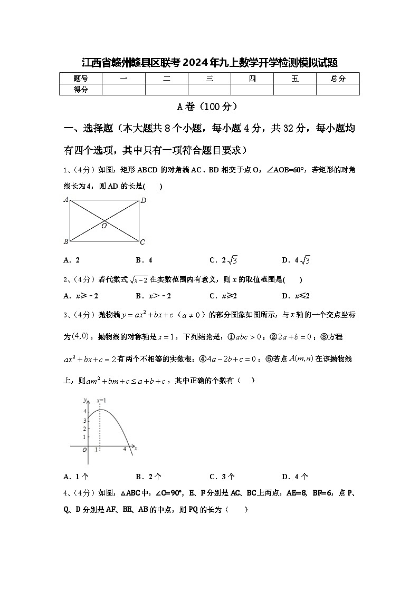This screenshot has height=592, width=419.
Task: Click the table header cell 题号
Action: click(81, 79)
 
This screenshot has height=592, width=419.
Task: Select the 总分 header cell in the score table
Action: click(338, 79)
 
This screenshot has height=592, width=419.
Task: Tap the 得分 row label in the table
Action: click(81, 90)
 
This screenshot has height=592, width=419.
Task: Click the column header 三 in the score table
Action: click(209, 79)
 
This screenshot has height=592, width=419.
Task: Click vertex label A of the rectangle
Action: click(66, 200)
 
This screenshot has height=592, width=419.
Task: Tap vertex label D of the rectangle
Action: click(143, 200)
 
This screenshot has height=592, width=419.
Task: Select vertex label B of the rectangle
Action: click(66, 241)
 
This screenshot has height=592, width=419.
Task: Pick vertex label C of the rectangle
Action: click(142, 242)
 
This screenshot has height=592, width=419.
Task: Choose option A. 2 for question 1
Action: click(71, 260)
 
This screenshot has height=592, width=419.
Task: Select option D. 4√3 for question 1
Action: click(296, 260)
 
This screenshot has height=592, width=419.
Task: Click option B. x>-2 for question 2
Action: click(153, 296)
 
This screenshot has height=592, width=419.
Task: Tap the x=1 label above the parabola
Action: click(101, 401)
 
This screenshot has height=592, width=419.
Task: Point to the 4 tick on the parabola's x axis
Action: click(125, 449)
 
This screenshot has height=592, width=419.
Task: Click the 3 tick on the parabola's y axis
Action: click(84, 420)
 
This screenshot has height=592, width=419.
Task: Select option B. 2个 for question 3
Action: click(148, 477)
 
